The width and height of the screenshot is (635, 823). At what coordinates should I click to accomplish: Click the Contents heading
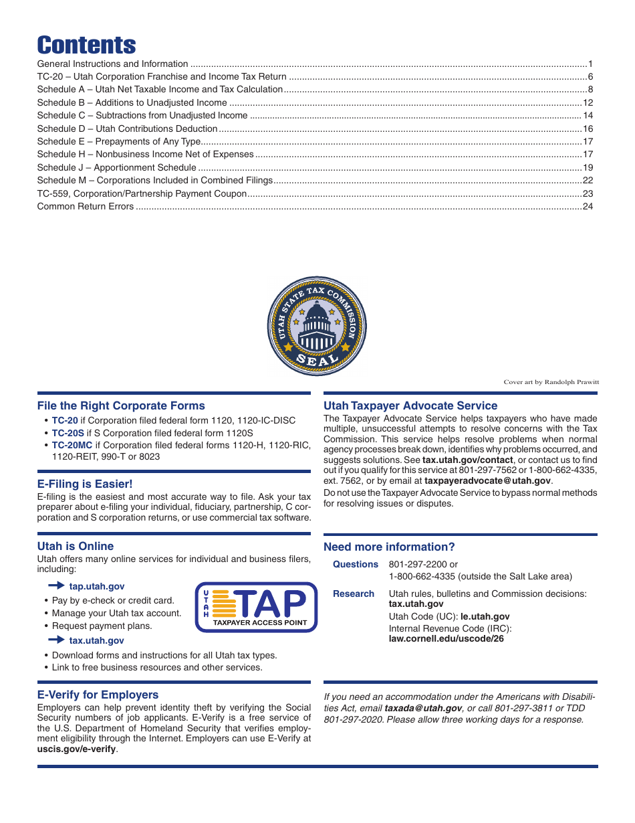coord(86,45)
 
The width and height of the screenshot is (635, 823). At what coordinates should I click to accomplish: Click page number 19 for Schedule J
coord(588,167)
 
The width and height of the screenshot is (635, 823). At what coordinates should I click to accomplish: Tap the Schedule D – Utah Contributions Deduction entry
coord(128,128)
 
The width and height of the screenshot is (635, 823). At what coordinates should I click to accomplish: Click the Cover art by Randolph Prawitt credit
coord(551,382)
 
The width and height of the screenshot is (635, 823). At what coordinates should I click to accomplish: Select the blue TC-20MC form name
coord(72,444)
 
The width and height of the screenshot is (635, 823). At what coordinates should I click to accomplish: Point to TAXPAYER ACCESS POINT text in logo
coord(260,622)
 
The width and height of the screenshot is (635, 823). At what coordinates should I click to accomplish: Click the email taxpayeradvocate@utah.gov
coord(487,480)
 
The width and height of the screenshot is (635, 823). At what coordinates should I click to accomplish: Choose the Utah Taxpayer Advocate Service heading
coord(410,405)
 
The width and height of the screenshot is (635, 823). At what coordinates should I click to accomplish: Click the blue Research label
coord(354,593)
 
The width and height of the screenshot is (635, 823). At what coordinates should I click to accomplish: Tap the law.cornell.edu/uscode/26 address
coord(446,638)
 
